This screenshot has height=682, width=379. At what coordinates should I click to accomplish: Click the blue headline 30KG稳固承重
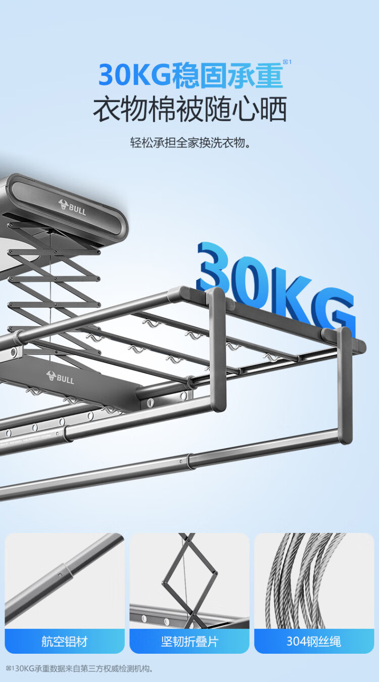pyautogui.click(x=191, y=75)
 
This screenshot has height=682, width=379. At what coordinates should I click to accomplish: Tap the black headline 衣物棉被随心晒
pyautogui.click(x=190, y=109)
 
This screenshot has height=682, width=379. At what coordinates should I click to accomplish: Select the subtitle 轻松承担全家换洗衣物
pyautogui.click(x=191, y=142)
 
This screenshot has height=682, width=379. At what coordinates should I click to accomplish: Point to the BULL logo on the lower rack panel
pyautogui.click(x=60, y=377)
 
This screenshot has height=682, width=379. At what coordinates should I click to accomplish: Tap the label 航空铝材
pyautogui.click(x=65, y=642)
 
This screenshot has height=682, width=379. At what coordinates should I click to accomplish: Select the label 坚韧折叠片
pyautogui.click(x=189, y=642)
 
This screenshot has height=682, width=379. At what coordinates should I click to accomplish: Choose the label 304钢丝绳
pyautogui.click(x=314, y=642)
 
